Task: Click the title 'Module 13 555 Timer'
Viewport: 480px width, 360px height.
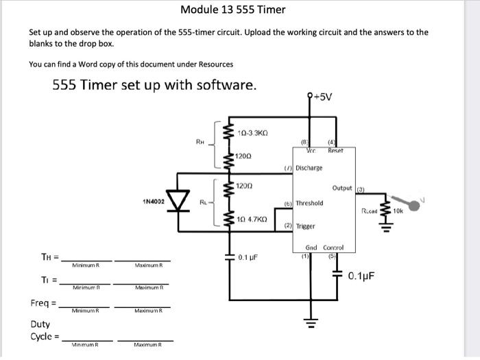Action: point(233,10)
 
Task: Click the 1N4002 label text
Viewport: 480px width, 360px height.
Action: point(154,202)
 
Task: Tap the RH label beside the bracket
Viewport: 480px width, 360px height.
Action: point(200,143)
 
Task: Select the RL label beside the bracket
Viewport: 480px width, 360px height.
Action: point(204,202)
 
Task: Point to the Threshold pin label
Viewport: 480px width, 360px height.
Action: point(309,203)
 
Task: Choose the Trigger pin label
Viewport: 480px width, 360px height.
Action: point(305,226)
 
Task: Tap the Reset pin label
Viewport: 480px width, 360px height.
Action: point(336,150)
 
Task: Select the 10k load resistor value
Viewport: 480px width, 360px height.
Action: point(399,211)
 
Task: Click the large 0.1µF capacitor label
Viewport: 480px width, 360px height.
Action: point(362,276)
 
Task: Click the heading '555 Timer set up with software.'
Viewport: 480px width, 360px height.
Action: point(155,86)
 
